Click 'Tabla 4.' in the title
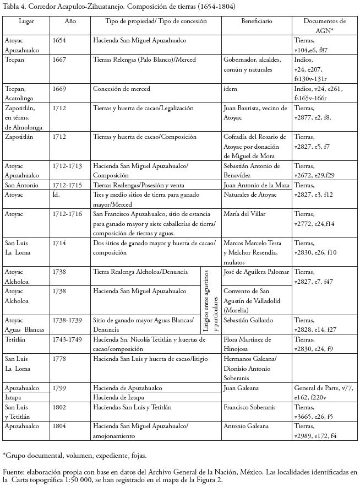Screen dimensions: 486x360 [16, 7]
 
